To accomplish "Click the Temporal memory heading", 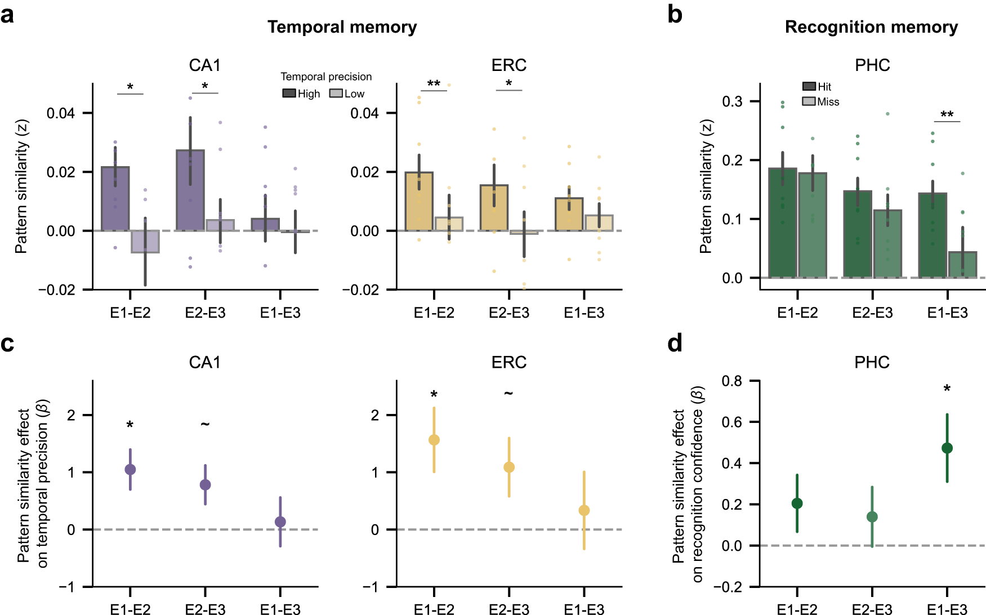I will pos(342,27).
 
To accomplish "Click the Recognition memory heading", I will pos(871,27).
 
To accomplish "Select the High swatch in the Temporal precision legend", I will pos(289,93).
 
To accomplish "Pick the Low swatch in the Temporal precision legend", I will pos(336,93).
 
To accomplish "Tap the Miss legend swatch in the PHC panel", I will pos(809,101).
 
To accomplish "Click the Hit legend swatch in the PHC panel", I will pos(809,86).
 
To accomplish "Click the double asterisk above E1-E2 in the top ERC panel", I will pos(434,84).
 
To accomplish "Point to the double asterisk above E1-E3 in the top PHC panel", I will pos(947,115).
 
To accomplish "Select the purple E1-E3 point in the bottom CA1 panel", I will pos(280,522).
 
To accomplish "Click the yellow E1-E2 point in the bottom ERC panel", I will pos(434,440).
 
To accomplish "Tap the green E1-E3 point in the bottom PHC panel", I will pos(947,448).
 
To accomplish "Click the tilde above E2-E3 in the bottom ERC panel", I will pos(508,393).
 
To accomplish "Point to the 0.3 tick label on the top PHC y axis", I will pos(732,101).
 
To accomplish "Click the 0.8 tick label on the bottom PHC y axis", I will pos(732,381).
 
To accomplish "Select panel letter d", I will pos(675,343).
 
